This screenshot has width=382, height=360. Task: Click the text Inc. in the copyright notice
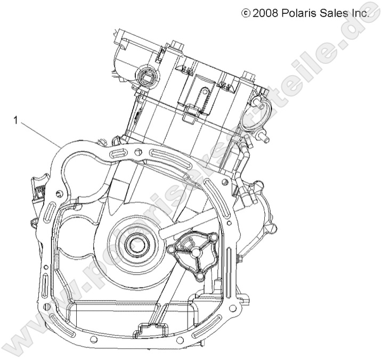tap(361, 13)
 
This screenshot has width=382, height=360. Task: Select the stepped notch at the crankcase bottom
tap(151, 329)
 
